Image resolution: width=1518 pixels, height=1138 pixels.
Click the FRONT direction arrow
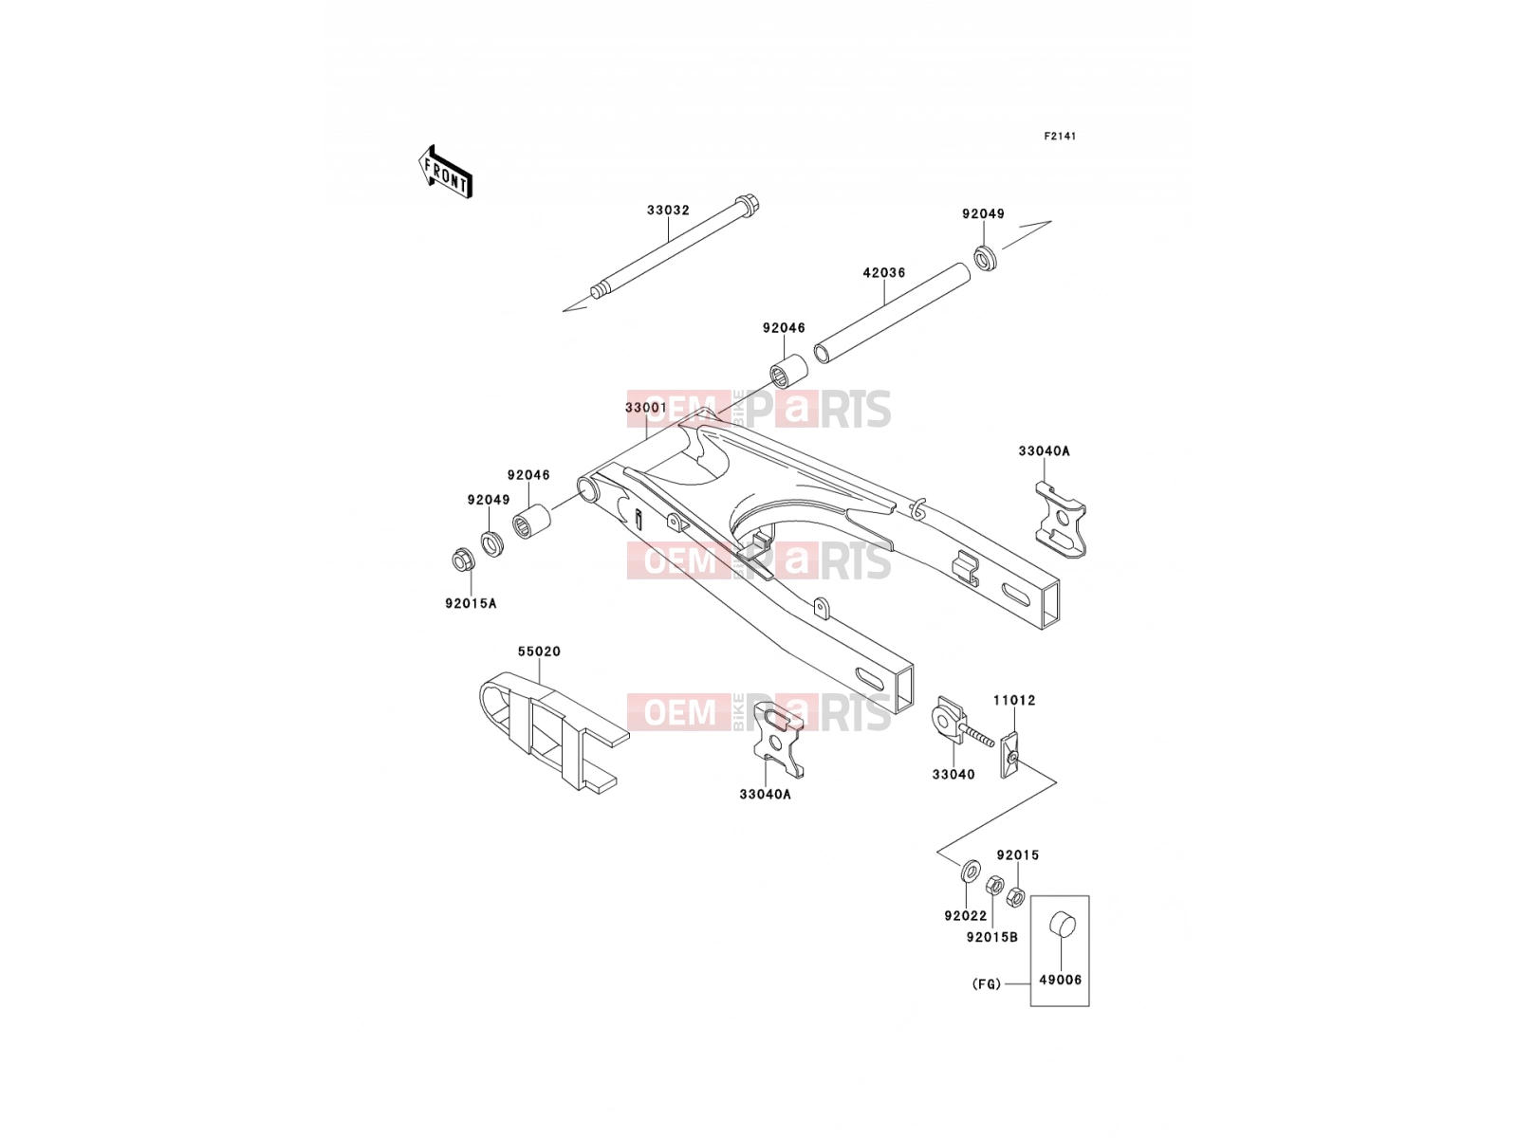point(445,173)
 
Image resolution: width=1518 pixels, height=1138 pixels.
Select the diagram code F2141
point(1060,137)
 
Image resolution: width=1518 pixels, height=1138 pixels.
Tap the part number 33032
point(668,210)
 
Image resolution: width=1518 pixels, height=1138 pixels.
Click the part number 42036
point(884,273)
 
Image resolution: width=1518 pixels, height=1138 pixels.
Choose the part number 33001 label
point(646,408)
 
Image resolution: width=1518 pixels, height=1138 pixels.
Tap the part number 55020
point(540,652)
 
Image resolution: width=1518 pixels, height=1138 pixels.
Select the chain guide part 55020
point(553,732)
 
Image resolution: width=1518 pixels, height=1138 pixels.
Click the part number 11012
point(1014,701)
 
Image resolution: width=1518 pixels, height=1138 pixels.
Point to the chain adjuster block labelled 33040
point(949,722)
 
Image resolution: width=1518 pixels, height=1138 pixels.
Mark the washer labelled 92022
point(971,869)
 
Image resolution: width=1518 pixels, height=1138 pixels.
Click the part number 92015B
point(992,938)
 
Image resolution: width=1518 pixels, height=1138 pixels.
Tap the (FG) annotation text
point(986,984)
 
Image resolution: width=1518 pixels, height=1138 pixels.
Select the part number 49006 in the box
point(1060,980)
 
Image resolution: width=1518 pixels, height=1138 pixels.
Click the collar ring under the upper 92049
point(986,257)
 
